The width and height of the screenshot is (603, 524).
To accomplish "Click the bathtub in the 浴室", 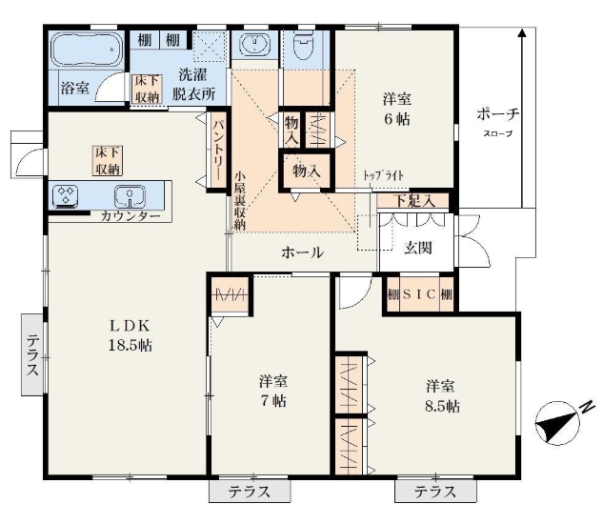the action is (x=88, y=50).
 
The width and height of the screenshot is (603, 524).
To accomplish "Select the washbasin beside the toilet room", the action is (x=254, y=44).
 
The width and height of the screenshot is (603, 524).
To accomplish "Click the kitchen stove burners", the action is (x=66, y=194).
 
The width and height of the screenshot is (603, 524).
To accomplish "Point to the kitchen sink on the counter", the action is (x=130, y=196).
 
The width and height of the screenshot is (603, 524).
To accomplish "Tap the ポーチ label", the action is (x=498, y=114).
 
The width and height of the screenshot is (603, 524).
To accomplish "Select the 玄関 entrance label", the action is (x=417, y=248).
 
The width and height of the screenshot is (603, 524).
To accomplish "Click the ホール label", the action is (x=302, y=252).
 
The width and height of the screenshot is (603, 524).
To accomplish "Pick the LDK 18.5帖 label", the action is (x=130, y=335).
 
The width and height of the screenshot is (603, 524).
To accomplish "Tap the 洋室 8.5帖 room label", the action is (x=441, y=396).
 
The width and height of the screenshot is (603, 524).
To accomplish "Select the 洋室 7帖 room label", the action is (x=273, y=392).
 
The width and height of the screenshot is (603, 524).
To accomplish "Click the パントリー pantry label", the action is (x=218, y=150).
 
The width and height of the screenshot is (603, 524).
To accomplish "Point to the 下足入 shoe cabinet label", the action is (x=414, y=201).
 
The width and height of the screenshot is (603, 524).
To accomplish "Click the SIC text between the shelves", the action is (x=419, y=294).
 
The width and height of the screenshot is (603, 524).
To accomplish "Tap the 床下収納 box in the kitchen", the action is (x=108, y=161).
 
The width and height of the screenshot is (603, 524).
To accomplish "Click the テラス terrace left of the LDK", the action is (x=32, y=354).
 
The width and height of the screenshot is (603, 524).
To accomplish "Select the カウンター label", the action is (x=130, y=216).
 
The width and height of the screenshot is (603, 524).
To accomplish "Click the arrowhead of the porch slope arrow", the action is (x=521, y=33).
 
